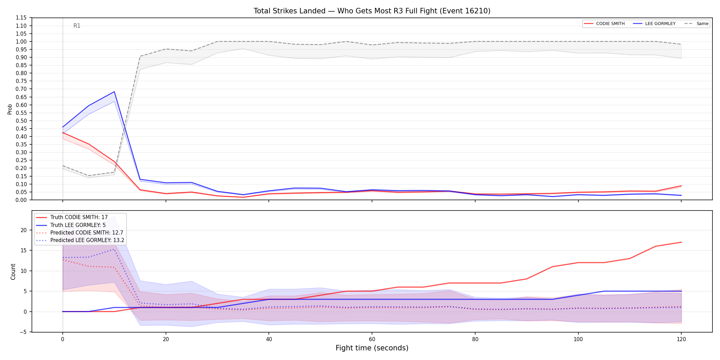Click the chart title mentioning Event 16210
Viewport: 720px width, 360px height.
(x=372, y=11)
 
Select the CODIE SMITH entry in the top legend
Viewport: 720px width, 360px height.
(x=604, y=24)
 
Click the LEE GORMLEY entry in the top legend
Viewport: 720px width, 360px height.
(x=654, y=24)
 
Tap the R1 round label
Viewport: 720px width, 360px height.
(x=77, y=26)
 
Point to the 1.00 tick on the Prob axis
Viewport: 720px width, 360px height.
(x=21, y=41)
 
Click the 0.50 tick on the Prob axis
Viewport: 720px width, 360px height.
(x=21, y=121)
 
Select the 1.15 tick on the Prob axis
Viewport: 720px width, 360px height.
(x=21, y=18)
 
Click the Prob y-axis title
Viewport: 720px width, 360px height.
(x=10, y=109)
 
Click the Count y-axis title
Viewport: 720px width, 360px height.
(x=13, y=272)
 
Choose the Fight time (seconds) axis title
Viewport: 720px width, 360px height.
(x=372, y=348)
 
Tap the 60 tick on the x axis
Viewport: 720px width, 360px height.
(x=372, y=339)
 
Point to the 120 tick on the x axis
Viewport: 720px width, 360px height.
(x=681, y=339)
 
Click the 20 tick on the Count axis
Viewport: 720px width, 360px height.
(x=24, y=230)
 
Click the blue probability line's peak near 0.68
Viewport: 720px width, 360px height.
(x=114, y=92)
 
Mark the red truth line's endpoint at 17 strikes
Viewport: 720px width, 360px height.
(x=681, y=242)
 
